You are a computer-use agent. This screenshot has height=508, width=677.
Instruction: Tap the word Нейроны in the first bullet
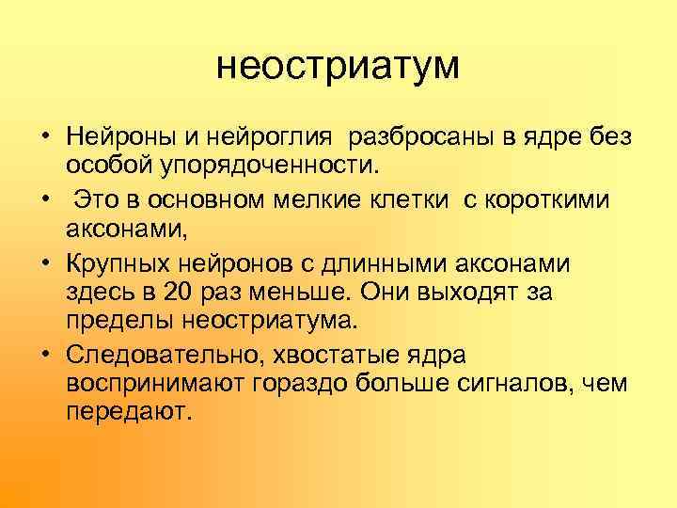[119, 138]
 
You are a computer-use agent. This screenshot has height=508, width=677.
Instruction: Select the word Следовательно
[161, 355]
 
